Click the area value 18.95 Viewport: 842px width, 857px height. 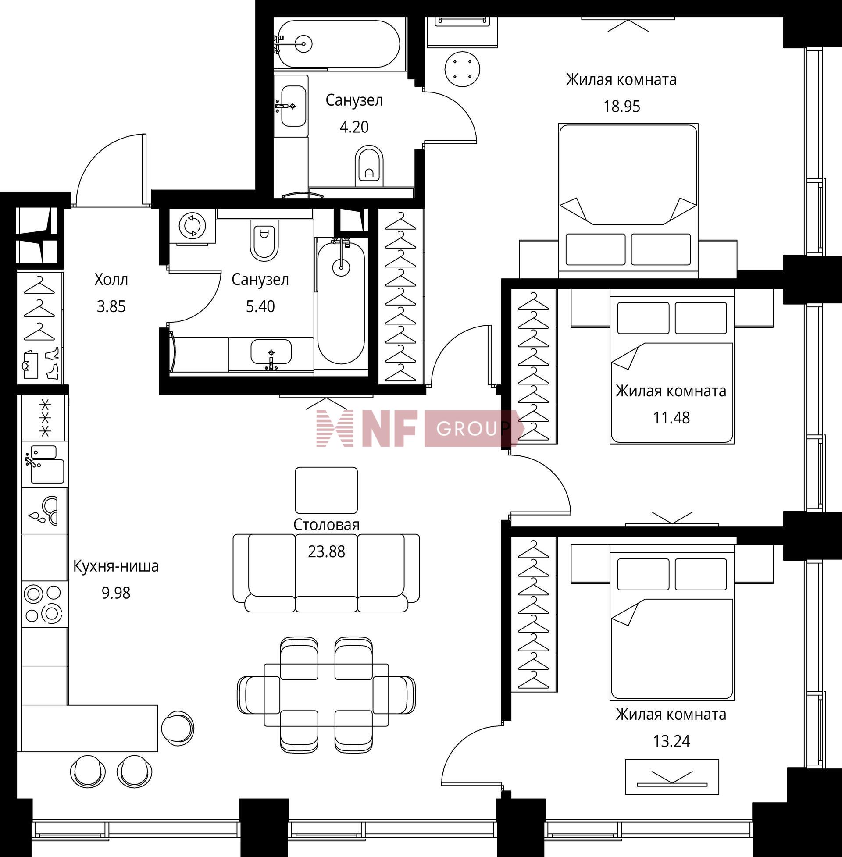[621, 107]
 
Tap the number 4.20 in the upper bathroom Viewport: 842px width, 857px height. [354, 127]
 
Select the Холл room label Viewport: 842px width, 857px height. [111, 279]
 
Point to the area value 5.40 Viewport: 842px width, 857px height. [260, 306]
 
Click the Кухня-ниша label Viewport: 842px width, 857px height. [115, 566]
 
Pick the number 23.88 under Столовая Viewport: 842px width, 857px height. [326, 551]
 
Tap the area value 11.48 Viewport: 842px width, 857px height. [671, 418]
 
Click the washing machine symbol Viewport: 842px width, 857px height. [193, 225]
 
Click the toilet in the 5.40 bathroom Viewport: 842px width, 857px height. [264, 239]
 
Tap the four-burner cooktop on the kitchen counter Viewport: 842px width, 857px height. [44, 604]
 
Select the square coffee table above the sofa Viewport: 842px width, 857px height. [326, 490]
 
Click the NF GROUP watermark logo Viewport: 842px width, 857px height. [420, 428]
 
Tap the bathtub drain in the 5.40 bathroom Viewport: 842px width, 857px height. [341, 267]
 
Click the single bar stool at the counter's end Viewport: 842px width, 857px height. [177, 728]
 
